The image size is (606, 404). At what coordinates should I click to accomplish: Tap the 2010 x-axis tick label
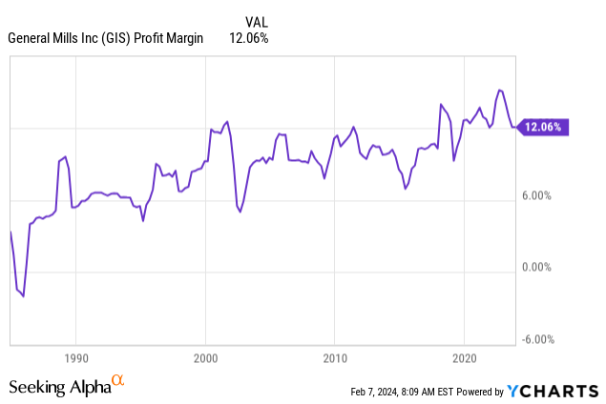334,358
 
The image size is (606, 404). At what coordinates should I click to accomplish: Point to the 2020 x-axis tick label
463,358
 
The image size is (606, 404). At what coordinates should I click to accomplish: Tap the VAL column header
256,21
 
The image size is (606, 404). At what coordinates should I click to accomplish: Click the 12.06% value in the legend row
249,38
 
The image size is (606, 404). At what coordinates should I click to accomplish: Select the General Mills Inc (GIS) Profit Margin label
106,38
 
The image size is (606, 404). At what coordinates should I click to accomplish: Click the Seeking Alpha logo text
59,387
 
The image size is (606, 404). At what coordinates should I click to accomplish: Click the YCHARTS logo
554,391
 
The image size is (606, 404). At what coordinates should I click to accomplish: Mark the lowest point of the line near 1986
23,296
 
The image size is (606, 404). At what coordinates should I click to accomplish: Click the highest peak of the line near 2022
499,91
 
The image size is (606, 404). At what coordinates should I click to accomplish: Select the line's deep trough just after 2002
240,211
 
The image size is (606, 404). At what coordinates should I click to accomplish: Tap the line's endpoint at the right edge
515,127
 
